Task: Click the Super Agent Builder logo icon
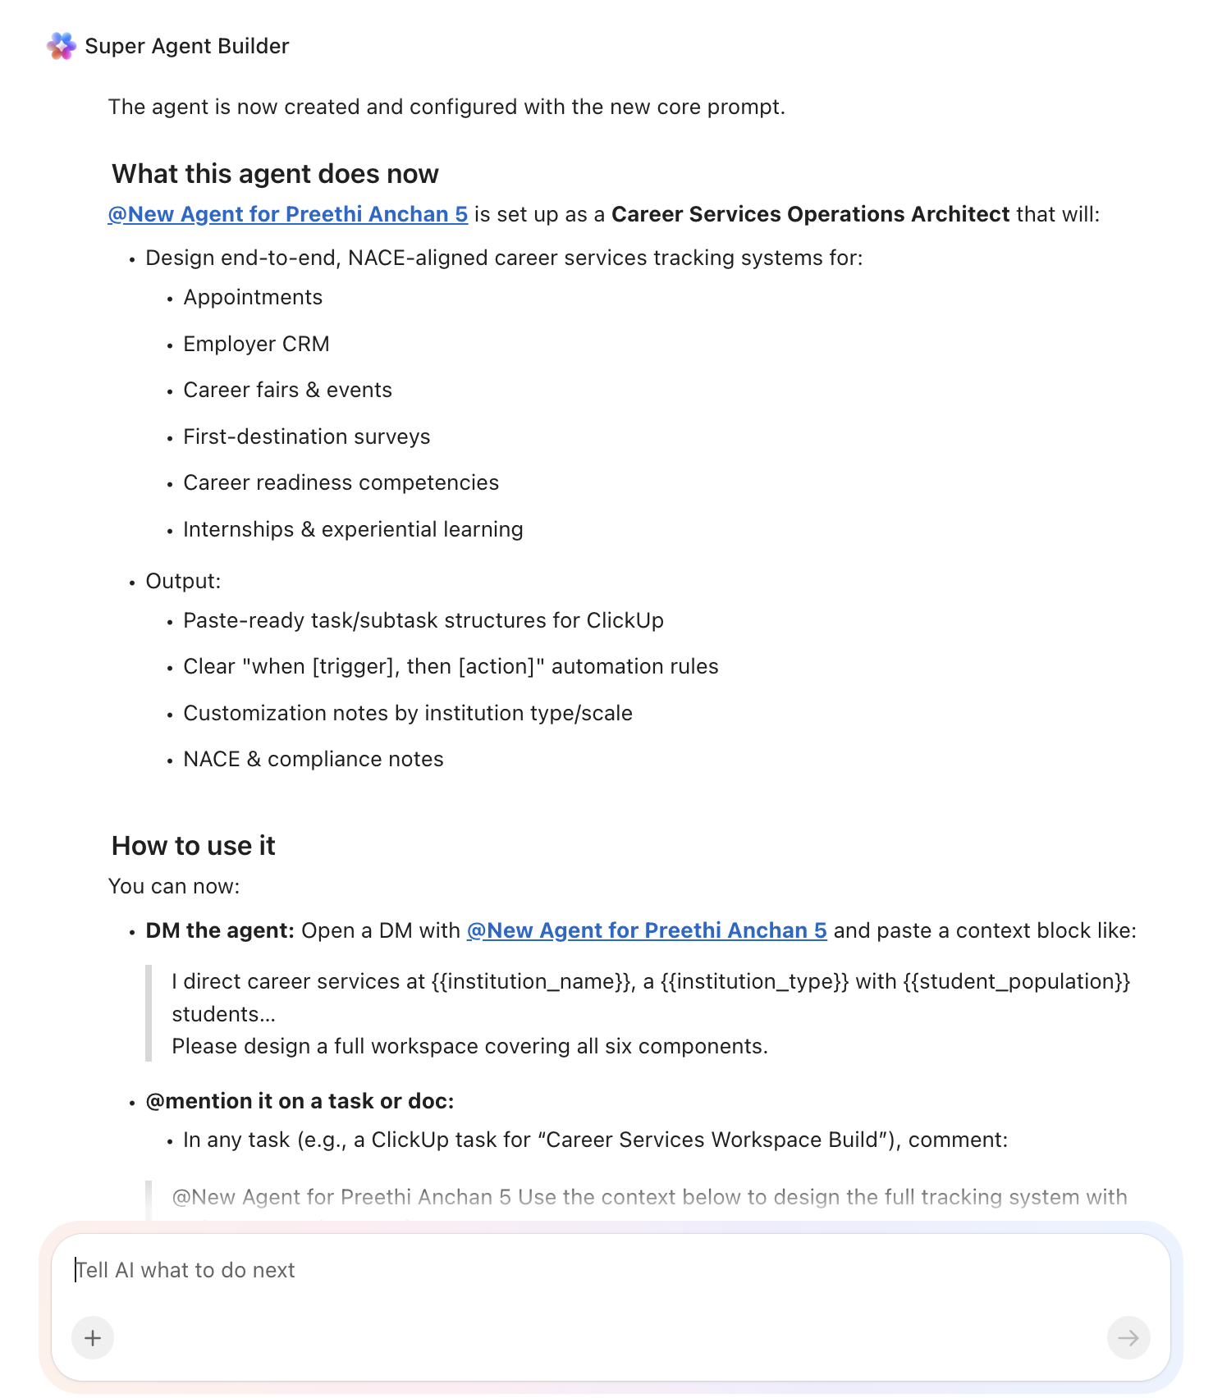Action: point(62,46)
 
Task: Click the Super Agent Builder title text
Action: point(187,46)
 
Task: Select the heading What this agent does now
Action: point(275,174)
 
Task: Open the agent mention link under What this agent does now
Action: point(287,214)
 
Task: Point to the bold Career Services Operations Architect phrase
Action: point(810,214)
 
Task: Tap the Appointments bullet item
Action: point(253,297)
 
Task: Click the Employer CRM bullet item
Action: point(256,344)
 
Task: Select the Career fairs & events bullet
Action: point(287,390)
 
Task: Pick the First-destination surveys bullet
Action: point(306,436)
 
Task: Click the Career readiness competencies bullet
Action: point(341,482)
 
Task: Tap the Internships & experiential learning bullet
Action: point(353,529)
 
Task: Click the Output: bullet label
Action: point(183,581)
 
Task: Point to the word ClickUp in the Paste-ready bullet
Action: point(625,620)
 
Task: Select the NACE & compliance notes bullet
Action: point(313,759)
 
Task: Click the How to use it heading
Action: point(193,846)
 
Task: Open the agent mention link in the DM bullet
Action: point(647,930)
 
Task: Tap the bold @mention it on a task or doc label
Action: point(300,1101)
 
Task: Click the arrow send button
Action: point(1128,1338)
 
